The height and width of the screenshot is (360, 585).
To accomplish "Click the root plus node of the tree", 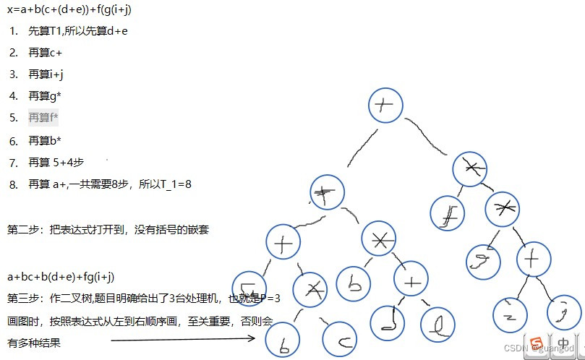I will click(385, 106).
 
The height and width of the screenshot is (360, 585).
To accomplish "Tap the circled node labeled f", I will click(448, 212).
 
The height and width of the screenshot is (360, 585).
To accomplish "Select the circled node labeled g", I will click(483, 262).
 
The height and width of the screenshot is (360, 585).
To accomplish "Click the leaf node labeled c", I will click(338, 338).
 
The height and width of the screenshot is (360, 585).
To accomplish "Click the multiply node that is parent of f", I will click(471, 169).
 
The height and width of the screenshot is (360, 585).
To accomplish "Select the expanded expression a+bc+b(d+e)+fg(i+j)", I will click(61, 277).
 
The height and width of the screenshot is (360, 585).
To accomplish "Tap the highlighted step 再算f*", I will click(43, 117).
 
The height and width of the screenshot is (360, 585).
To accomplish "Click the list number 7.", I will click(13, 163).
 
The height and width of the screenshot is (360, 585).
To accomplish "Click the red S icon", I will click(536, 342).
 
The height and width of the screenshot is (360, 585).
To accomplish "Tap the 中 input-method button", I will click(562, 342).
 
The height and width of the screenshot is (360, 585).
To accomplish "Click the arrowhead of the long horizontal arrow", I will click(254, 338).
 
